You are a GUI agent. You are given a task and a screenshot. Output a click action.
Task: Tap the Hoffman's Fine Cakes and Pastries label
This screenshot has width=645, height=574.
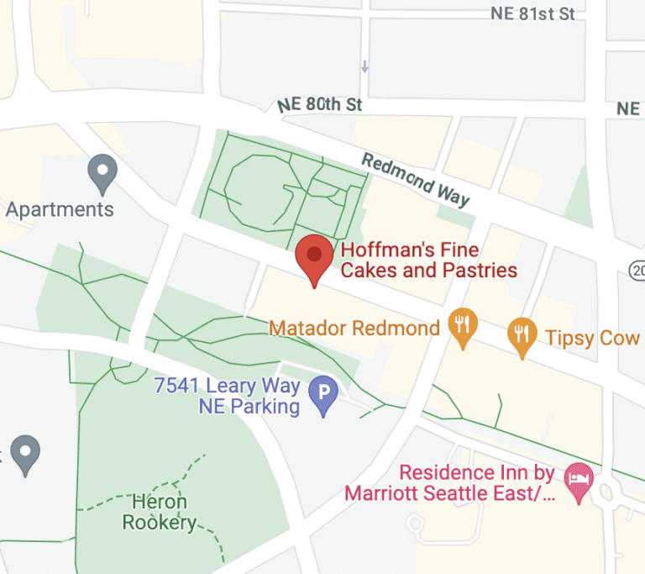point(428,261)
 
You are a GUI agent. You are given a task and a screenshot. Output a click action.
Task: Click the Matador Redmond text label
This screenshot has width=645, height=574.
point(354,328)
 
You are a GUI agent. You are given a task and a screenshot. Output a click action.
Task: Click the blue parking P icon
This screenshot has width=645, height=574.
point(323,392)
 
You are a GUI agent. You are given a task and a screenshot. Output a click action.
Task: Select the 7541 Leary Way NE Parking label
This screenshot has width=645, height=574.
point(227,397)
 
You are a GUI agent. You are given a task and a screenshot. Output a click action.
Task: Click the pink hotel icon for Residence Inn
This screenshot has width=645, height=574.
point(579,482)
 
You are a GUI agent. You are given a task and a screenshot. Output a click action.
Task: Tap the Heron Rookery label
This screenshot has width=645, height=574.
point(160,513)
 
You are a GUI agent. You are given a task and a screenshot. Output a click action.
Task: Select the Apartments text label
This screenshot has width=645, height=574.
point(60,208)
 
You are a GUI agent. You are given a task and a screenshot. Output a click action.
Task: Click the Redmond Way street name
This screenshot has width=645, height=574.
point(415,179)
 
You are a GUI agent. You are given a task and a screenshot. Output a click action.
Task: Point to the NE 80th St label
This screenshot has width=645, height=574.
point(319,105)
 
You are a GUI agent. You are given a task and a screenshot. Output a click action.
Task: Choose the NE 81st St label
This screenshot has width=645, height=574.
point(533,14)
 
